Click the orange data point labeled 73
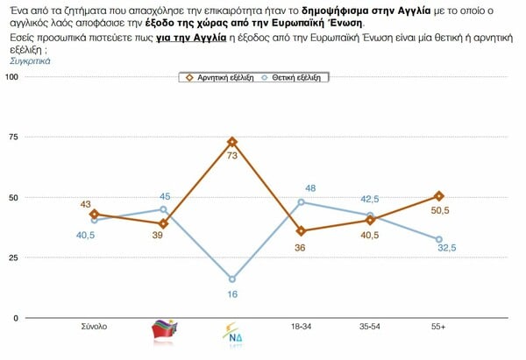(x=232, y=141)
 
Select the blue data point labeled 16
(x=232, y=279)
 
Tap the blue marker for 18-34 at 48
(x=302, y=202)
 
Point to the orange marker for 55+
(x=439, y=195)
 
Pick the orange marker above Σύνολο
(x=94, y=214)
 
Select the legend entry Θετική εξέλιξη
(x=294, y=77)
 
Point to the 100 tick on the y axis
(x=11, y=77)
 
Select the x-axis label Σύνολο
(x=94, y=327)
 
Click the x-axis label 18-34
(x=302, y=327)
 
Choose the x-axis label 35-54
(x=371, y=327)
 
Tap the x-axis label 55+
(x=439, y=327)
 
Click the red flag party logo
(x=164, y=330)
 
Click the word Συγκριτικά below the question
(x=31, y=62)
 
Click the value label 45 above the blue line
(x=164, y=196)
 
